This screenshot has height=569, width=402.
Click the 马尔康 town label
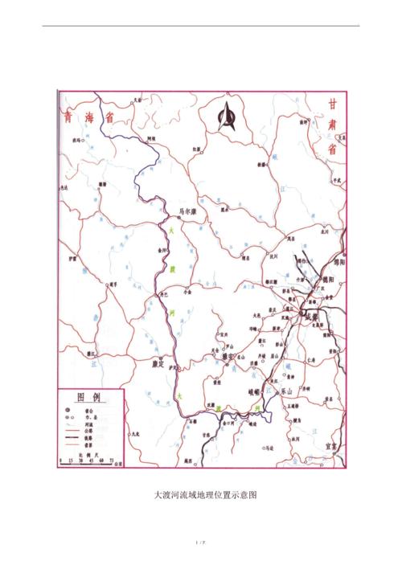187,213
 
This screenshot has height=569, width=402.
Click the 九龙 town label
137,434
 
